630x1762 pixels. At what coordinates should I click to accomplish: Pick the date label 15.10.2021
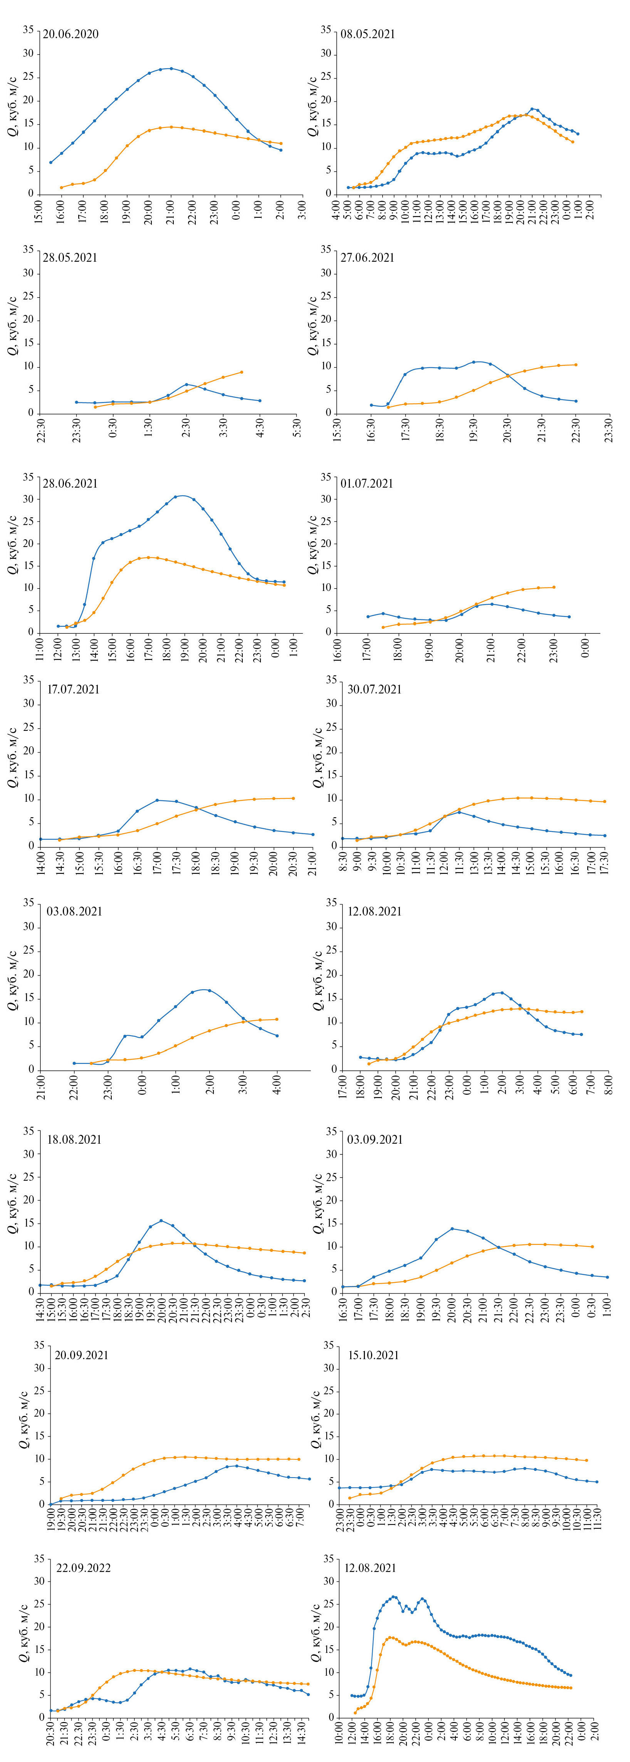pyautogui.click(x=373, y=1355)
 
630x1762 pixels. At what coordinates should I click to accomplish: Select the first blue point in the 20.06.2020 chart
pyautogui.click(x=50, y=162)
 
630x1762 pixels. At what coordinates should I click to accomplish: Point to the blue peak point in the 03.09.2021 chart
pyautogui.click(x=452, y=1229)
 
